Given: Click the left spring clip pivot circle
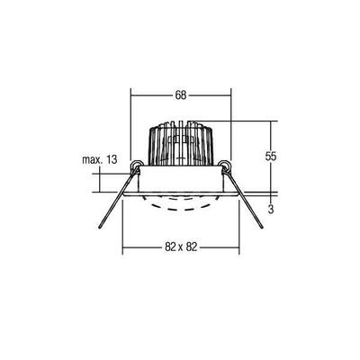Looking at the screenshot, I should (x=137, y=165).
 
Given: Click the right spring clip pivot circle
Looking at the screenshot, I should (x=225, y=165).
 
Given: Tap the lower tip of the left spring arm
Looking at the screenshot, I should (x=102, y=232).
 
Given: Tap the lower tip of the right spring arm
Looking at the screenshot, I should (x=261, y=232).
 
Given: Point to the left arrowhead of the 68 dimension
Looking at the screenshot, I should (x=134, y=94).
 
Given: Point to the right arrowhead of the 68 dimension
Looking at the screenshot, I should (x=231, y=94).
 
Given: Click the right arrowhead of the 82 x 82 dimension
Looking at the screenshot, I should (x=238, y=249).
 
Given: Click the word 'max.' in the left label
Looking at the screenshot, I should (x=89, y=159).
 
